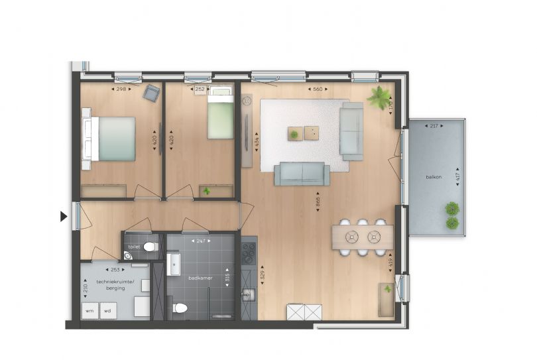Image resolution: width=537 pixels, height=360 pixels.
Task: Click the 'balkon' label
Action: pos(434,177)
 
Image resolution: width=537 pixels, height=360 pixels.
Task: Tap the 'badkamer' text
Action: pos(200,278)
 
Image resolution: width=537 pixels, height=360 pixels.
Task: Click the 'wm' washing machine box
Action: pos(89,310)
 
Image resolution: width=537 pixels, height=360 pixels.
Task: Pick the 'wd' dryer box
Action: pos(108,310)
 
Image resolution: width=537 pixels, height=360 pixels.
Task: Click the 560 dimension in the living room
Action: pos(319,89)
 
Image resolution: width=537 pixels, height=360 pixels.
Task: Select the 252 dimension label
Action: pos(199,89)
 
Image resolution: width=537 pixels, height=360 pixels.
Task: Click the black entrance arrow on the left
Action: pos(64,216)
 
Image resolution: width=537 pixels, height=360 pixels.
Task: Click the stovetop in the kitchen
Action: pos(248,252)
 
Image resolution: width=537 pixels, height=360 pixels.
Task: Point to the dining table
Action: pos(362,237)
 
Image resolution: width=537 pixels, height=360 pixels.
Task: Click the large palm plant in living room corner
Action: pos(380,97)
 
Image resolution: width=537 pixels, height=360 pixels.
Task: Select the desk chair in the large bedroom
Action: pos(152,94)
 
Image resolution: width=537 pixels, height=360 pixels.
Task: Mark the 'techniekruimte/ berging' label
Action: pos(115,285)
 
